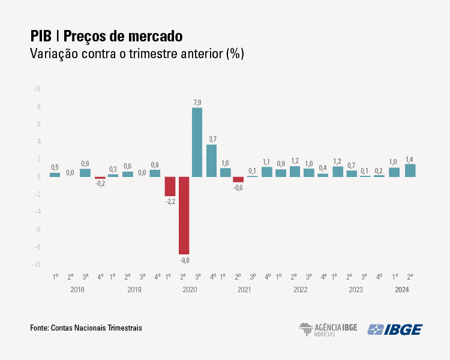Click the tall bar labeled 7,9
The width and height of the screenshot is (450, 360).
(197, 142)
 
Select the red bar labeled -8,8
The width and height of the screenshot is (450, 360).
(184, 215)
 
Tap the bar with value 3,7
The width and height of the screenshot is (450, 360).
(212, 161)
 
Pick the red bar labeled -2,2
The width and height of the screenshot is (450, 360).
(170, 187)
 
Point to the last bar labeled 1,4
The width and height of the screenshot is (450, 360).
(410, 170)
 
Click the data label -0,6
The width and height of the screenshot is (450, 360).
(238, 188)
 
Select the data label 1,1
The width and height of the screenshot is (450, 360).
(266, 161)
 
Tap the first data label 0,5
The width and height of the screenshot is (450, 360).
(55, 167)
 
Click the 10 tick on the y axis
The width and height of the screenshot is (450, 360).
(37, 89)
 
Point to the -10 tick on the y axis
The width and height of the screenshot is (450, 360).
(36, 265)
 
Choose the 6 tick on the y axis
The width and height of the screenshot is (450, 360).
(38, 124)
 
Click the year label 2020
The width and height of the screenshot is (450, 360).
(190, 290)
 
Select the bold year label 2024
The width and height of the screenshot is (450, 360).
(403, 290)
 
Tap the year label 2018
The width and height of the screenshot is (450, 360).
(77, 290)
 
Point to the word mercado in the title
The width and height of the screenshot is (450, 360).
(152, 35)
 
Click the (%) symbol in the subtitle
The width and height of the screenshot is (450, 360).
(234, 53)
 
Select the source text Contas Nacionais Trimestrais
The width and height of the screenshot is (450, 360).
(97, 328)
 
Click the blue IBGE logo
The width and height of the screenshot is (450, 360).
(395, 329)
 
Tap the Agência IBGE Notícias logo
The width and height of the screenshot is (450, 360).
(328, 329)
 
